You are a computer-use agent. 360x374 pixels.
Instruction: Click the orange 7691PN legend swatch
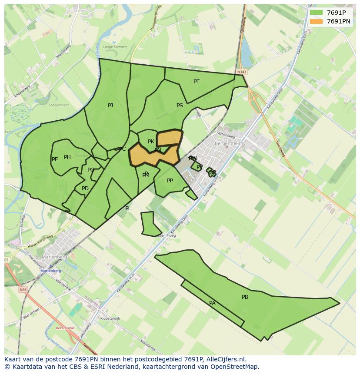point(317,21)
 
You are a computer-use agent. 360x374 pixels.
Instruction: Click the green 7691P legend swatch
point(317,13)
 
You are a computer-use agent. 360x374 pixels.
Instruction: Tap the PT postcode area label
point(197,82)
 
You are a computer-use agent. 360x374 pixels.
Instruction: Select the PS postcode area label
point(180,106)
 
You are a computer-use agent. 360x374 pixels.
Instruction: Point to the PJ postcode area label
point(110,106)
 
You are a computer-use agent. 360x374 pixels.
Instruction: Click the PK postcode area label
point(151,142)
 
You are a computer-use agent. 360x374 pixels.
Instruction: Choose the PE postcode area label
point(55,159)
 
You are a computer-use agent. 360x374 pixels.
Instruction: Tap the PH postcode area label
point(67,157)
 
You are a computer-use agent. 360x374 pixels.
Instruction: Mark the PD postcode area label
point(85,189)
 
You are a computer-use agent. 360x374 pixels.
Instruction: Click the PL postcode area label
point(128,209)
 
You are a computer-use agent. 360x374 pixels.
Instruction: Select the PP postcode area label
point(170,181)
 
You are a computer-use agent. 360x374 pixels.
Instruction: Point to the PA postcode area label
point(212,303)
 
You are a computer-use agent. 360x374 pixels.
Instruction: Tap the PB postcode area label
point(245,297)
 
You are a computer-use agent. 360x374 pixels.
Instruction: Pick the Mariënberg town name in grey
point(53,257)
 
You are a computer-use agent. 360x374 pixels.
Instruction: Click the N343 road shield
point(242,72)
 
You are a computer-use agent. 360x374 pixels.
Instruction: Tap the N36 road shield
point(23,289)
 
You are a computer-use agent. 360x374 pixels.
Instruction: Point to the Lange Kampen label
point(115,46)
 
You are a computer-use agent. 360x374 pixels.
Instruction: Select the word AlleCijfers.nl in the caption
point(225,359)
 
